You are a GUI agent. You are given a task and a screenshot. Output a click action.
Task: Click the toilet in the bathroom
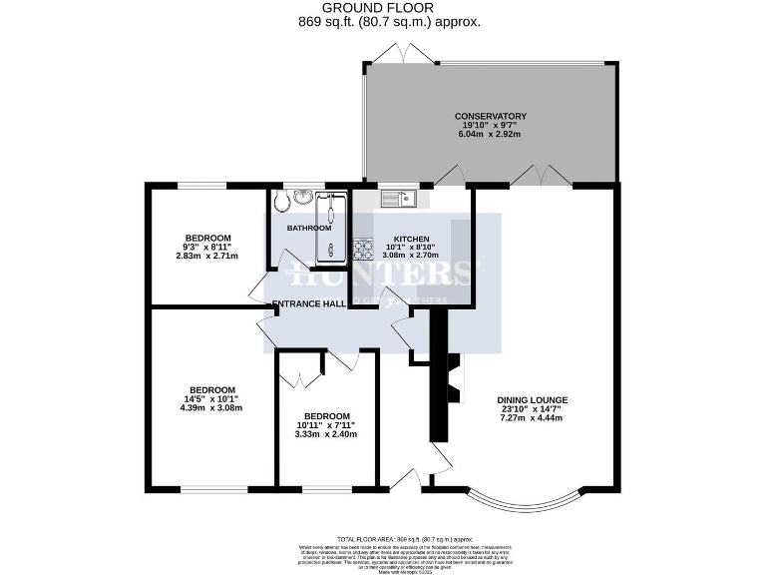coord(282,204)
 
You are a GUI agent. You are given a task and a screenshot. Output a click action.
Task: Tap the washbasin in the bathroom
coord(304,197)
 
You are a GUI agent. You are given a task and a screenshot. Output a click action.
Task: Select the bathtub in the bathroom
coord(330,229)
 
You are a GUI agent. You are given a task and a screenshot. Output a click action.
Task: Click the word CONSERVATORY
coord(490,116)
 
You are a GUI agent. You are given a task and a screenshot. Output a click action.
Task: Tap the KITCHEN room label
coord(411,240)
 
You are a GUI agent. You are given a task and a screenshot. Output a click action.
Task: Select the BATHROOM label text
coord(308,228)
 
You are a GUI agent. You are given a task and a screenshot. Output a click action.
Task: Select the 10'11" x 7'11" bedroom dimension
coord(327,425)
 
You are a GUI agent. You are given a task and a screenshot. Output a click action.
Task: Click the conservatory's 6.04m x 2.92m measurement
coord(490,135)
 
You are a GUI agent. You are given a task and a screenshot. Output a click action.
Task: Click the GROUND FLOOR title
coord(382,8)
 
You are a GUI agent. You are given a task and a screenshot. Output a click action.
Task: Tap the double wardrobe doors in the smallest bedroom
coord(298,376)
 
